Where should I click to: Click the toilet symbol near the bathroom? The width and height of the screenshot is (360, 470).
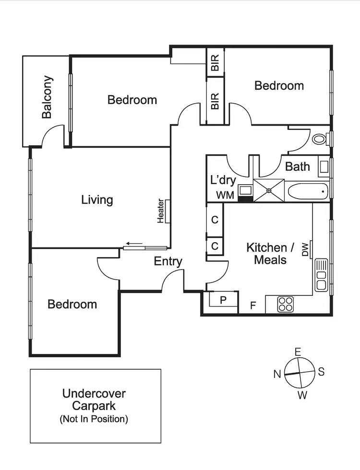click(x=319, y=140)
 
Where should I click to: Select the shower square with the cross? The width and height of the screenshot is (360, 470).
click(x=269, y=190)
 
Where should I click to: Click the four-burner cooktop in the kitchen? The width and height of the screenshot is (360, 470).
click(x=286, y=304)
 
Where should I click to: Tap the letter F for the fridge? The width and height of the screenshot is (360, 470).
click(x=253, y=305)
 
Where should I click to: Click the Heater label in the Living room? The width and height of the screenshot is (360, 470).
click(x=161, y=211)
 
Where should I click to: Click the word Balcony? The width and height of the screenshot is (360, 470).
click(x=47, y=97)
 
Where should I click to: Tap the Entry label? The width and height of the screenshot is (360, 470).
click(x=168, y=261)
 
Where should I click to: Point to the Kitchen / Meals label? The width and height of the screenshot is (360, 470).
click(x=270, y=254)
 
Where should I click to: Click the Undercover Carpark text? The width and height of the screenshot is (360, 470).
click(x=94, y=400)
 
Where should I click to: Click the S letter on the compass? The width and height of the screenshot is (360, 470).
click(x=322, y=372)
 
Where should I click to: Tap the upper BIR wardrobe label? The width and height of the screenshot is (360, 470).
click(x=215, y=63)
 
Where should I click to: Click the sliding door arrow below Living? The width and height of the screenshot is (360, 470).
click(x=135, y=244)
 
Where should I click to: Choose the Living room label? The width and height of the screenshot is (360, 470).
click(x=97, y=200)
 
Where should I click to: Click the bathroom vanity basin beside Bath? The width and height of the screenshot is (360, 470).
click(x=324, y=167)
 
